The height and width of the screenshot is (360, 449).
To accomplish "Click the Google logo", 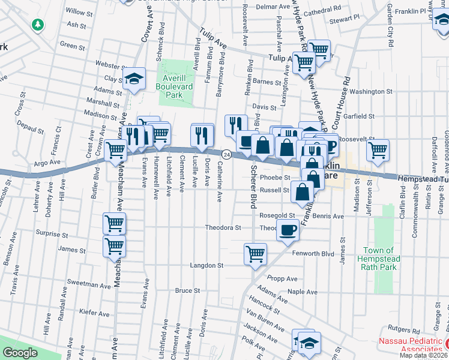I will coord(19,353).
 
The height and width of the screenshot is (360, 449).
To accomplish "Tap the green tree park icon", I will coord(37,25).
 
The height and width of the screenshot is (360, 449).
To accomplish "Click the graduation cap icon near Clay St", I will coord(134,78).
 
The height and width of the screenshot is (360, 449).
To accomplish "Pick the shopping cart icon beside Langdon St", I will coord(255,254).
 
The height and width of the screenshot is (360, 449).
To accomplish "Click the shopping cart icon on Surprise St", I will coord(114,223).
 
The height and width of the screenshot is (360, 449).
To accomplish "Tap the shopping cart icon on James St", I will coord(114,245).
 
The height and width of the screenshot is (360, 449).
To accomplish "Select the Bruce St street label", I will coord(187,290).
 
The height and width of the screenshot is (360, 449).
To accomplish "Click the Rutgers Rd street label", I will coord(403,328).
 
